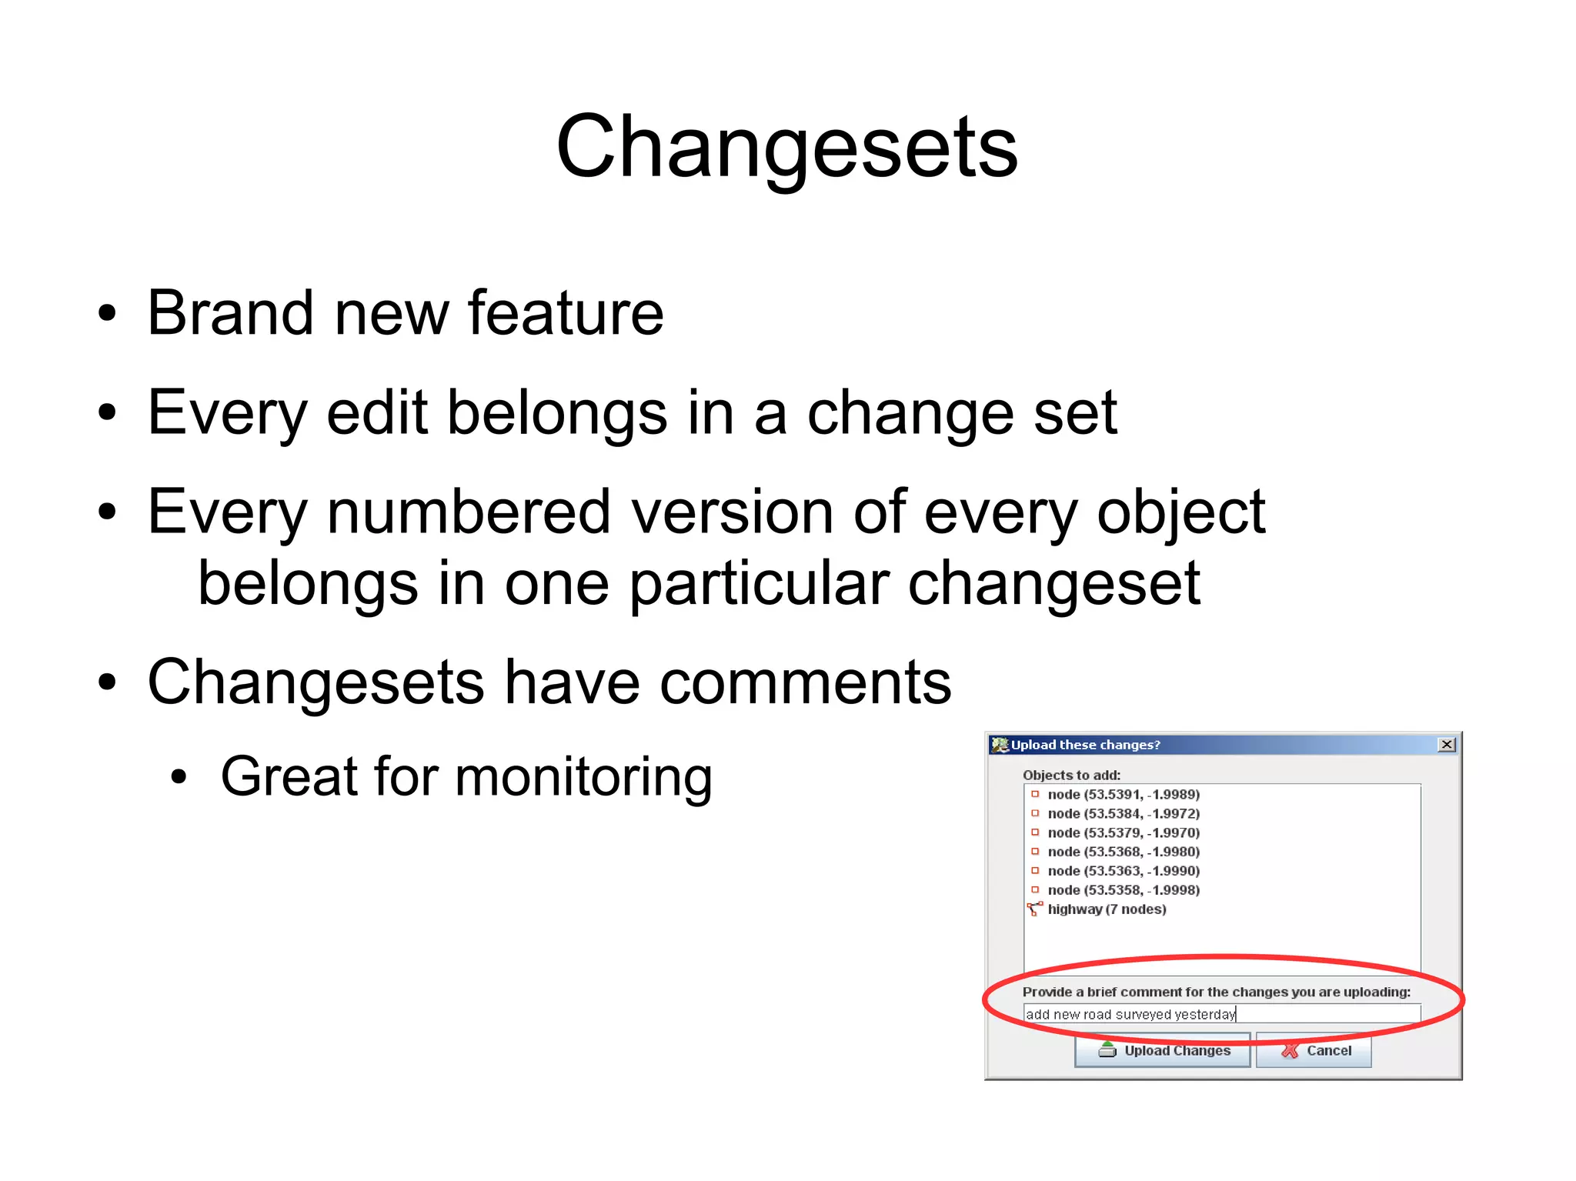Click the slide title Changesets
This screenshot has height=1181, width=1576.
click(786, 146)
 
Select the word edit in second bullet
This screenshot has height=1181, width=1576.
click(376, 413)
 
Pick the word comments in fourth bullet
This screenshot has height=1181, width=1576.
click(805, 682)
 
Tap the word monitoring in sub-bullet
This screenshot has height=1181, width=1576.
click(583, 777)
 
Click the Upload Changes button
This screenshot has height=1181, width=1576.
click(1163, 1051)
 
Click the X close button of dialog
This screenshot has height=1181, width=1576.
click(1447, 745)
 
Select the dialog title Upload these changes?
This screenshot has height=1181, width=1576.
click(1085, 745)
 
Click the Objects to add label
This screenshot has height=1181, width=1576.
click(1071, 775)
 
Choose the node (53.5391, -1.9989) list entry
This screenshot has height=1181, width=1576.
click(1123, 794)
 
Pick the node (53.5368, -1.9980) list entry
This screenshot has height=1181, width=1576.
click(1123, 852)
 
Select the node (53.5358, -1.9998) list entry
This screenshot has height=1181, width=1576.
click(1123, 890)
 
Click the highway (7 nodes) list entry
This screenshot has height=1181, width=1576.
click(1106, 909)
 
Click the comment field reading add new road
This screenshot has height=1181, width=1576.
click(1221, 1014)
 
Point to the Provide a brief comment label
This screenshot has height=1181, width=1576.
click(1216, 992)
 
